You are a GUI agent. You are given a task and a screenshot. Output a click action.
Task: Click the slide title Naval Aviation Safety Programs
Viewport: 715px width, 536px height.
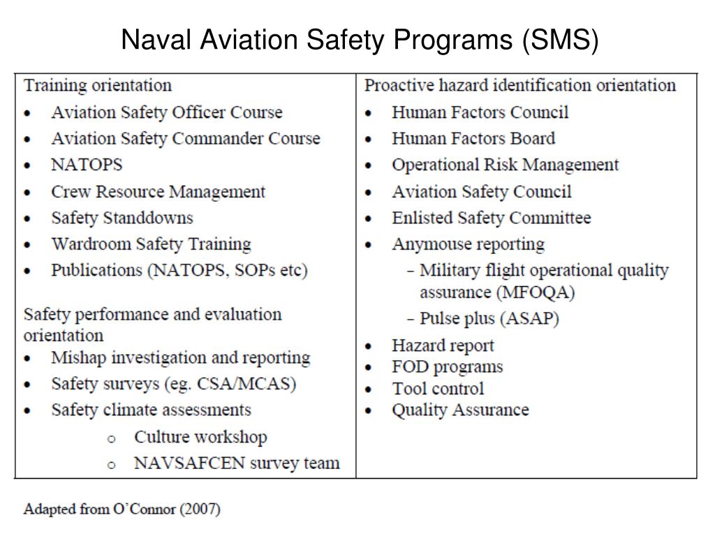click(360, 41)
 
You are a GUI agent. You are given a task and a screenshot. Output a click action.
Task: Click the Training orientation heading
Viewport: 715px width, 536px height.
click(98, 86)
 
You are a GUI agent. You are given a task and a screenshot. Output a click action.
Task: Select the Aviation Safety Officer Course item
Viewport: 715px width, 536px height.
click(166, 112)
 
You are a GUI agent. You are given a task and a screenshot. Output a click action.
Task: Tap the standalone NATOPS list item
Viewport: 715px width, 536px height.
click(87, 165)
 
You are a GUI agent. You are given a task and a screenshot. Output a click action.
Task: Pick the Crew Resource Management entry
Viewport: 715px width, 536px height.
click(158, 192)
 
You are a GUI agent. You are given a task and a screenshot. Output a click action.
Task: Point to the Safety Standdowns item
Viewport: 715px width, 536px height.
click(121, 218)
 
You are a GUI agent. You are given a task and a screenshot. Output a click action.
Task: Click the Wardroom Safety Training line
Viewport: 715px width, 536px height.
click(151, 245)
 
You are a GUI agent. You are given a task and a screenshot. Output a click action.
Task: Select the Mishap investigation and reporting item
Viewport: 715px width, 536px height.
click(180, 358)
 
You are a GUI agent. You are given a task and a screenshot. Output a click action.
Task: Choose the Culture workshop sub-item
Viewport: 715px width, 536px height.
click(200, 438)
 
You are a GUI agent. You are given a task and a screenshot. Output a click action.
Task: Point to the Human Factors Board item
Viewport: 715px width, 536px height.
click(473, 139)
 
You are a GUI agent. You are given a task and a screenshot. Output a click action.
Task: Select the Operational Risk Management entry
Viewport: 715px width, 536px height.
click(505, 165)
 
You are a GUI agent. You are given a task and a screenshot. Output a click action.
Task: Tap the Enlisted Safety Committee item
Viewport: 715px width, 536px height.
click(491, 218)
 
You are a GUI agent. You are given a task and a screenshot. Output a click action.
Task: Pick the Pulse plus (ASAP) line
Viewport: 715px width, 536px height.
click(489, 319)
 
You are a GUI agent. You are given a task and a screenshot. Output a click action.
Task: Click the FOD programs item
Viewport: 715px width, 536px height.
click(447, 367)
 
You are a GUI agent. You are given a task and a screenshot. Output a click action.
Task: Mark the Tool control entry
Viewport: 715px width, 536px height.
click(437, 389)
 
